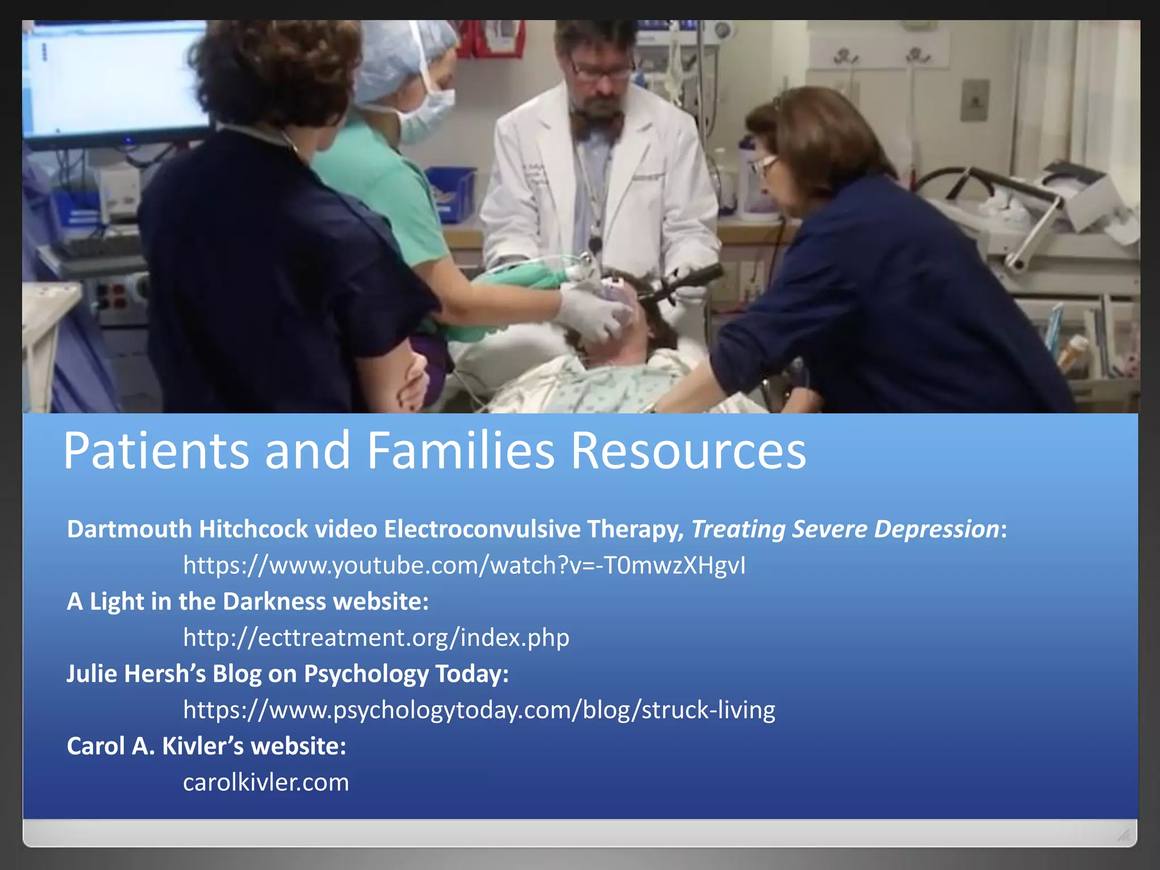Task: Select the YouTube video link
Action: tap(464, 565)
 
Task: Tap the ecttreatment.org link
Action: tap(376, 638)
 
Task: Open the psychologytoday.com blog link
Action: tap(479, 710)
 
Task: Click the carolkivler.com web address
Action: tap(266, 783)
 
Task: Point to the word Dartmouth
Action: tap(130, 529)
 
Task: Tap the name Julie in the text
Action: tap(92, 674)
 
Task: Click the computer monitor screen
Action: tap(113, 79)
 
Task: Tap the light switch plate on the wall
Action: tap(975, 101)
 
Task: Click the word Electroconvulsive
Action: tap(482, 529)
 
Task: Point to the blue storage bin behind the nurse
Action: tap(450, 193)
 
